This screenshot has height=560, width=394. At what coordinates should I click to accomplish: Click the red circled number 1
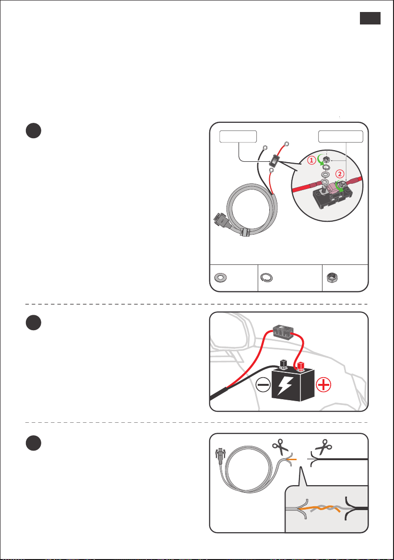311,160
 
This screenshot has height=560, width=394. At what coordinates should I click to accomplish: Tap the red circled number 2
340,174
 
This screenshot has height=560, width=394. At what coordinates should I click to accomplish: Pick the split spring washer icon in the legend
266,277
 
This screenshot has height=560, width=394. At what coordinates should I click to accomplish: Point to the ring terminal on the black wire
265,147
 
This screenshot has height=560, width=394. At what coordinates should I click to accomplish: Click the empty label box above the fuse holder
238,137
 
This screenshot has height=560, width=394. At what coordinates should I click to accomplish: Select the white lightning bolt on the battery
285,386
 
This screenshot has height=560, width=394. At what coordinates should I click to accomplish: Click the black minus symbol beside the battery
263,385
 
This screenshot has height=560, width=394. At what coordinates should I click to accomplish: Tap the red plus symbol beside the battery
323,385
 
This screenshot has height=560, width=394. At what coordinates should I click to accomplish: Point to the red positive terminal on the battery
300,367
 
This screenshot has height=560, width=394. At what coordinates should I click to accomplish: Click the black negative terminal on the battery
283,364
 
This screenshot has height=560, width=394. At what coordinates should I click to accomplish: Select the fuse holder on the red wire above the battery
283,332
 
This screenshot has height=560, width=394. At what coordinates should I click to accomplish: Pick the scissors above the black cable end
323,446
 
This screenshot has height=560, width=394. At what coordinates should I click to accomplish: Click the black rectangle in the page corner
370,18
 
